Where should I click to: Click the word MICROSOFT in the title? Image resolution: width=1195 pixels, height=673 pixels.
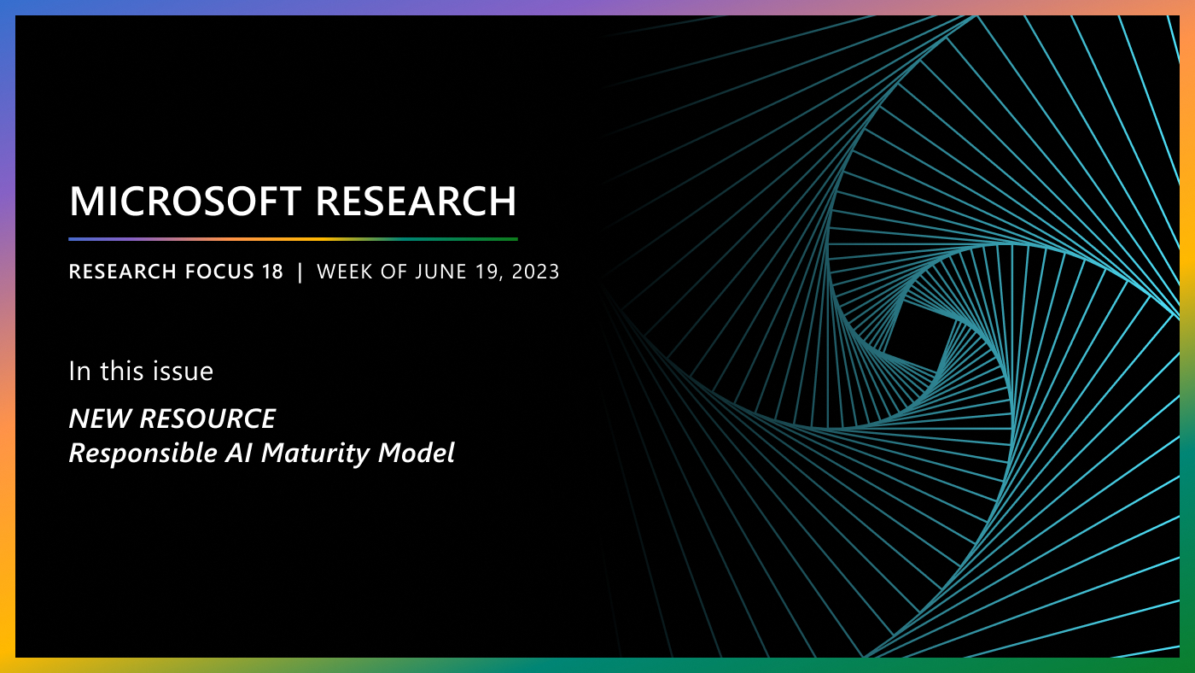pos(185,202)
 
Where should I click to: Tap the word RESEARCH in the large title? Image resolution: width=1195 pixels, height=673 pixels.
pos(416,202)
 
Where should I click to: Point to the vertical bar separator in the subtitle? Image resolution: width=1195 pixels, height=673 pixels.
pos(300,272)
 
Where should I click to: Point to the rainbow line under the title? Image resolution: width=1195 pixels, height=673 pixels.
pos(293,239)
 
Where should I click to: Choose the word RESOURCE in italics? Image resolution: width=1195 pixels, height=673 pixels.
pos(207,419)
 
